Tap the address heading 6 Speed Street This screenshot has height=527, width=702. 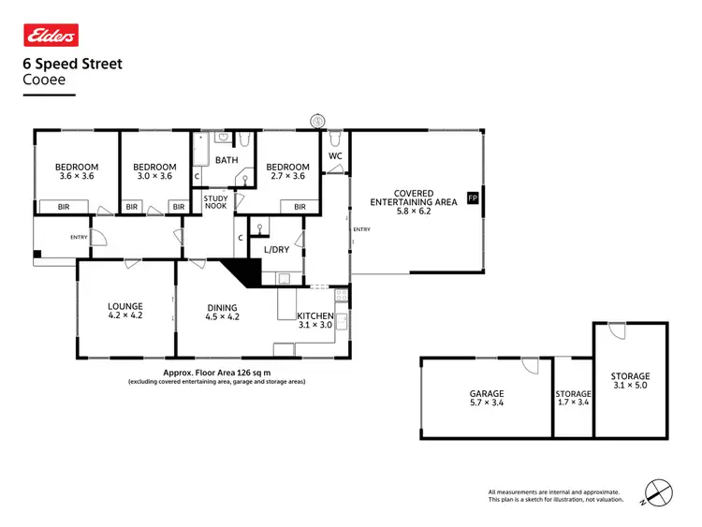tap(72, 65)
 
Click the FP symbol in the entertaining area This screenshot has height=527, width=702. tap(472, 198)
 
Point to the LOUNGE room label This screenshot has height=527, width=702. tap(124, 306)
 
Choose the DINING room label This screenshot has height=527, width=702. tap(222, 307)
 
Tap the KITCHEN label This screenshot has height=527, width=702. tap(315, 315)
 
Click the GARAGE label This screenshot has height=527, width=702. tap(487, 394)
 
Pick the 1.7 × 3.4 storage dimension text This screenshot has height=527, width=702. tap(573, 404)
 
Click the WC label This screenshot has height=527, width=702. tap(336, 156)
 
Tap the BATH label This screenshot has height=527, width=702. tap(226, 160)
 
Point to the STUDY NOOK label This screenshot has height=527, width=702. tap(216, 203)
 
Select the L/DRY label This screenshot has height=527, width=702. tap(275, 250)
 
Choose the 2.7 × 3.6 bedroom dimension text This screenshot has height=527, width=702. tap(286, 176)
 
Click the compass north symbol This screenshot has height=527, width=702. tap(659, 492)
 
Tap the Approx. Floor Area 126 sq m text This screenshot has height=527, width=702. tap(216, 372)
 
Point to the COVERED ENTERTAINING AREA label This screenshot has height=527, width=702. tap(414, 198)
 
